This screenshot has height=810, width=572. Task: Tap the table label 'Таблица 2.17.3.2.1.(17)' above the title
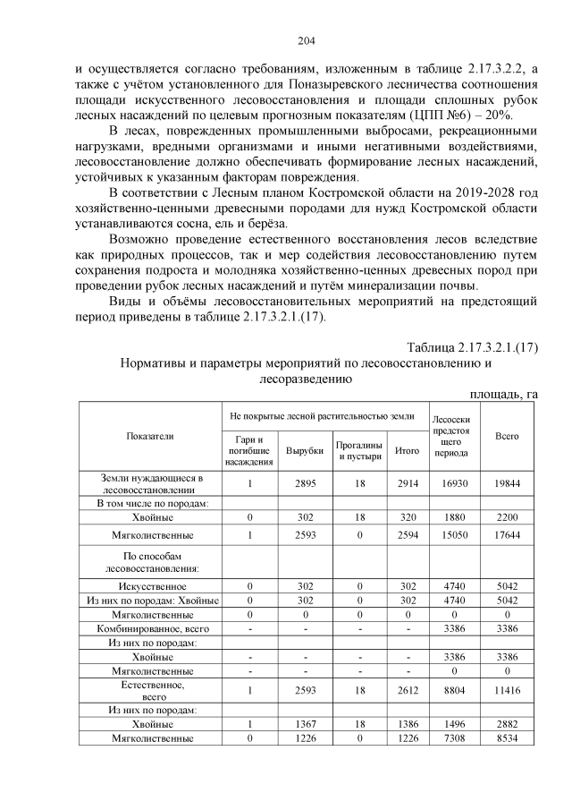[x=472, y=346]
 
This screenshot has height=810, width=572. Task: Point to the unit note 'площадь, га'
[x=504, y=394]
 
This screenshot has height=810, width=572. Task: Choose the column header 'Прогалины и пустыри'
[x=359, y=450]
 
